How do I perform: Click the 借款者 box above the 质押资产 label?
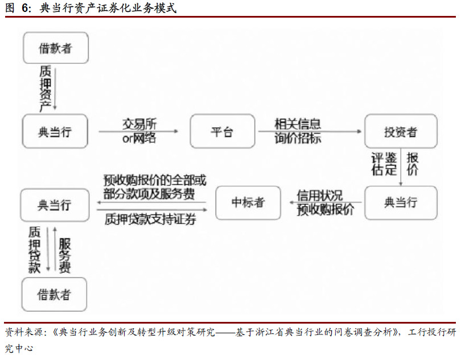click(56, 48)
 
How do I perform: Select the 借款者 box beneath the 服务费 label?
click(55, 294)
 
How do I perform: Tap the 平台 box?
click(223, 131)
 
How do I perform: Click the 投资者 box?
click(401, 131)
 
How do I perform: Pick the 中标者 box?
click(248, 203)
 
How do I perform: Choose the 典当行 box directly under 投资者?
click(401, 203)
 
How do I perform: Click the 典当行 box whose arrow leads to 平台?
click(55, 131)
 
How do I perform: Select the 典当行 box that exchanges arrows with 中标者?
click(55, 205)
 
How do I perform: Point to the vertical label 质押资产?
click(46, 88)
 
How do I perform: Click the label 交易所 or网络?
click(139, 131)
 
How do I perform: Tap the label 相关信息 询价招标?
click(298, 131)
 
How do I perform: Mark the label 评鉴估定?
click(384, 164)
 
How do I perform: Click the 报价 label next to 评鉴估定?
click(413, 164)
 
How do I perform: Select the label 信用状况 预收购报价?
click(325, 203)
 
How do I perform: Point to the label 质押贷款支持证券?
click(150, 219)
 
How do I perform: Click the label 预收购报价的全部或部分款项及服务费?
click(155, 187)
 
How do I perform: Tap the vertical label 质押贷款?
click(34, 250)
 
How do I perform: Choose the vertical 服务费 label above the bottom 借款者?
click(65, 256)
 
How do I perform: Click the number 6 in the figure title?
click(25, 8)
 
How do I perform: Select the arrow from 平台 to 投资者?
click(310, 131)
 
